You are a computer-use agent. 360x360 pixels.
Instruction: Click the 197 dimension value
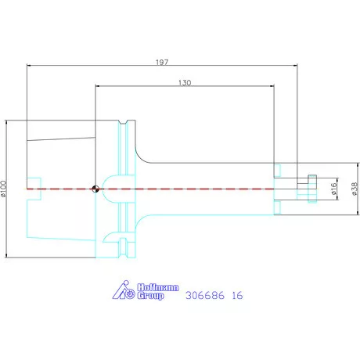click(x=162, y=62)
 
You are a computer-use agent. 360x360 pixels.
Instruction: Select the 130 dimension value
click(x=185, y=83)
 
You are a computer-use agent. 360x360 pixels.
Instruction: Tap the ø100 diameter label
click(x=3, y=188)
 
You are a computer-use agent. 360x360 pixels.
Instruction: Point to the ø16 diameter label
click(x=334, y=189)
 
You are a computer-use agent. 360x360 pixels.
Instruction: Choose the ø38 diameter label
click(x=355, y=189)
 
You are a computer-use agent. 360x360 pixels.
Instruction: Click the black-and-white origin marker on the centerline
click(x=95, y=189)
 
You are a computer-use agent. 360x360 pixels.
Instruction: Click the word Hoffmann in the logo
click(x=158, y=287)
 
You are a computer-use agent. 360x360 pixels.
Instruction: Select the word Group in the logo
click(x=150, y=296)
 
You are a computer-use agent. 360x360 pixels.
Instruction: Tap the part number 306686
click(x=205, y=295)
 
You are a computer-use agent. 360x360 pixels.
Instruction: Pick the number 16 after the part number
click(x=237, y=295)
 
